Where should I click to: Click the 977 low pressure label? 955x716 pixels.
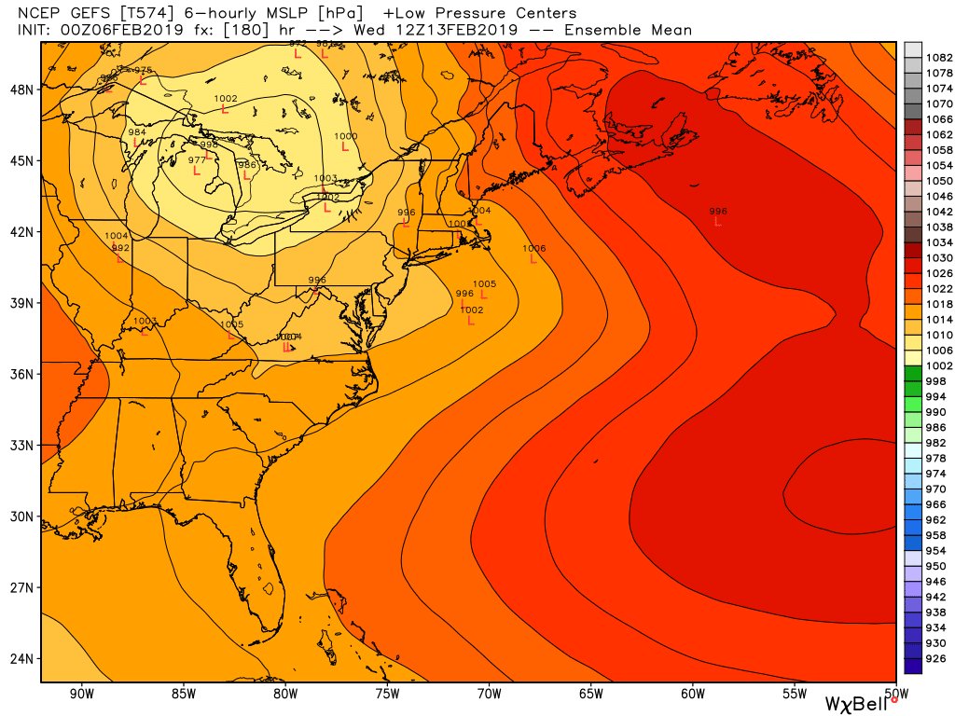[x=197, y=160]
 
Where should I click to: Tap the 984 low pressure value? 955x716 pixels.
[x=137, y=132]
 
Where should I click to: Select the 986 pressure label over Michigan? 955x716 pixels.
[x=247, y=165]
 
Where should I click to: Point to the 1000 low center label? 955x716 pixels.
[x=345, y=137]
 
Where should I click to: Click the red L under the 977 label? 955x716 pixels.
[x=197, y=171]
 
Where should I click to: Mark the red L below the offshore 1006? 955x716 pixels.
[x=534, y=259]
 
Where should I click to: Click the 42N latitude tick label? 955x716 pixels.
[x=21, y=232]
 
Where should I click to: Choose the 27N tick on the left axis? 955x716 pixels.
[x=21, y=587]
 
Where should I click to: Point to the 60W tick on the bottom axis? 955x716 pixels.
[x=692, y=693]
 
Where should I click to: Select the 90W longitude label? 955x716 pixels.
[x=82, y=693]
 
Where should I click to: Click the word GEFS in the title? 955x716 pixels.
[x=85, y=14]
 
